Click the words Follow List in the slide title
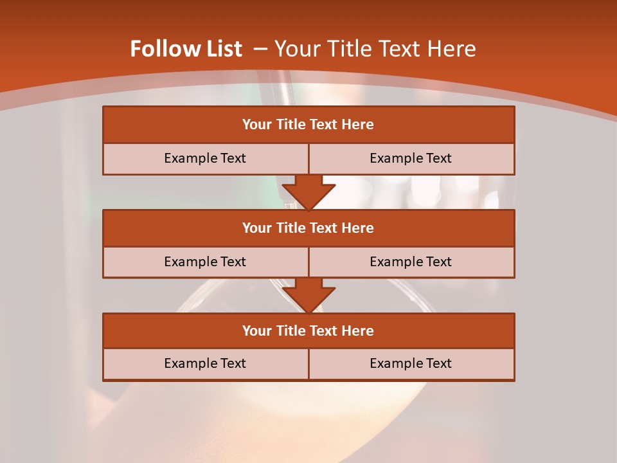coord(186,50)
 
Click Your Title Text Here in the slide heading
coord(375,50)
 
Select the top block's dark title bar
coord(308,125)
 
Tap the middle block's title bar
coord(308,228)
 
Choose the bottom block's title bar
coord(308,331)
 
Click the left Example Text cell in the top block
coord(205,159)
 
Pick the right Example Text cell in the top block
coord(411,159)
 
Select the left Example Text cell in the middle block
coord(205,262)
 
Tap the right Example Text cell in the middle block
coord(411,262)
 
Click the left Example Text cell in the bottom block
coord(205,364)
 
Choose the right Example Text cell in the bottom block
coord(411,364)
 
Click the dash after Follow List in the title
coord(260,50)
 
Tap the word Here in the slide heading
coord(453,50)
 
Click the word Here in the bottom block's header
coord(357,331)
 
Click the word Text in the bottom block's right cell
coord(438,364)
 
